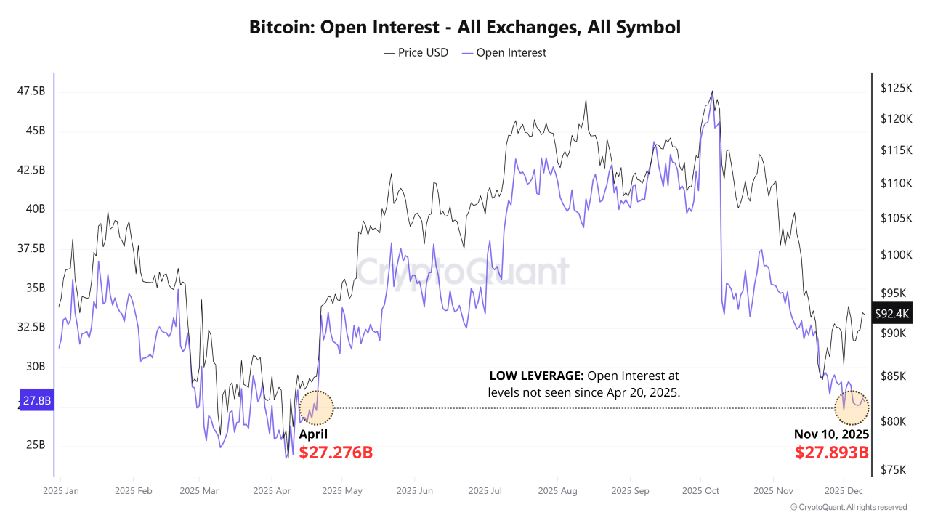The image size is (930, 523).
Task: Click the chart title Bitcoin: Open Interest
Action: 465,28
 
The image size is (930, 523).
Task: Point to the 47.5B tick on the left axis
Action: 31,92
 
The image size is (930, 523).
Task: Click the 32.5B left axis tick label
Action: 31,327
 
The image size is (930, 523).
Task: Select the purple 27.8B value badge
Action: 36,400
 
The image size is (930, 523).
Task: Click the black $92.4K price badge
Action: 891,314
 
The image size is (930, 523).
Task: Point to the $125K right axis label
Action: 895,88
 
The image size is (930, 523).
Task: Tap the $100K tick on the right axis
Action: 895,255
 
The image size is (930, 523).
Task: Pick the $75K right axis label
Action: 894,470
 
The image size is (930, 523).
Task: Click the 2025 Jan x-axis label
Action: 61,491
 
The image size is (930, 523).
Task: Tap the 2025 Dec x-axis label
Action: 844,491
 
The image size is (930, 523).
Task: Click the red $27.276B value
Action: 336,453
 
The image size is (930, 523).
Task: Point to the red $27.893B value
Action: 832,453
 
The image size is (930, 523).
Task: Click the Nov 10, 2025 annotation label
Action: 831,435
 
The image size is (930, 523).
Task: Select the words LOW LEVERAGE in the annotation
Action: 536,376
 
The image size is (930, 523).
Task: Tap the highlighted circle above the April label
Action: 317,408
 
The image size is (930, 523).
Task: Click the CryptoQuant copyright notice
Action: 848,507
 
